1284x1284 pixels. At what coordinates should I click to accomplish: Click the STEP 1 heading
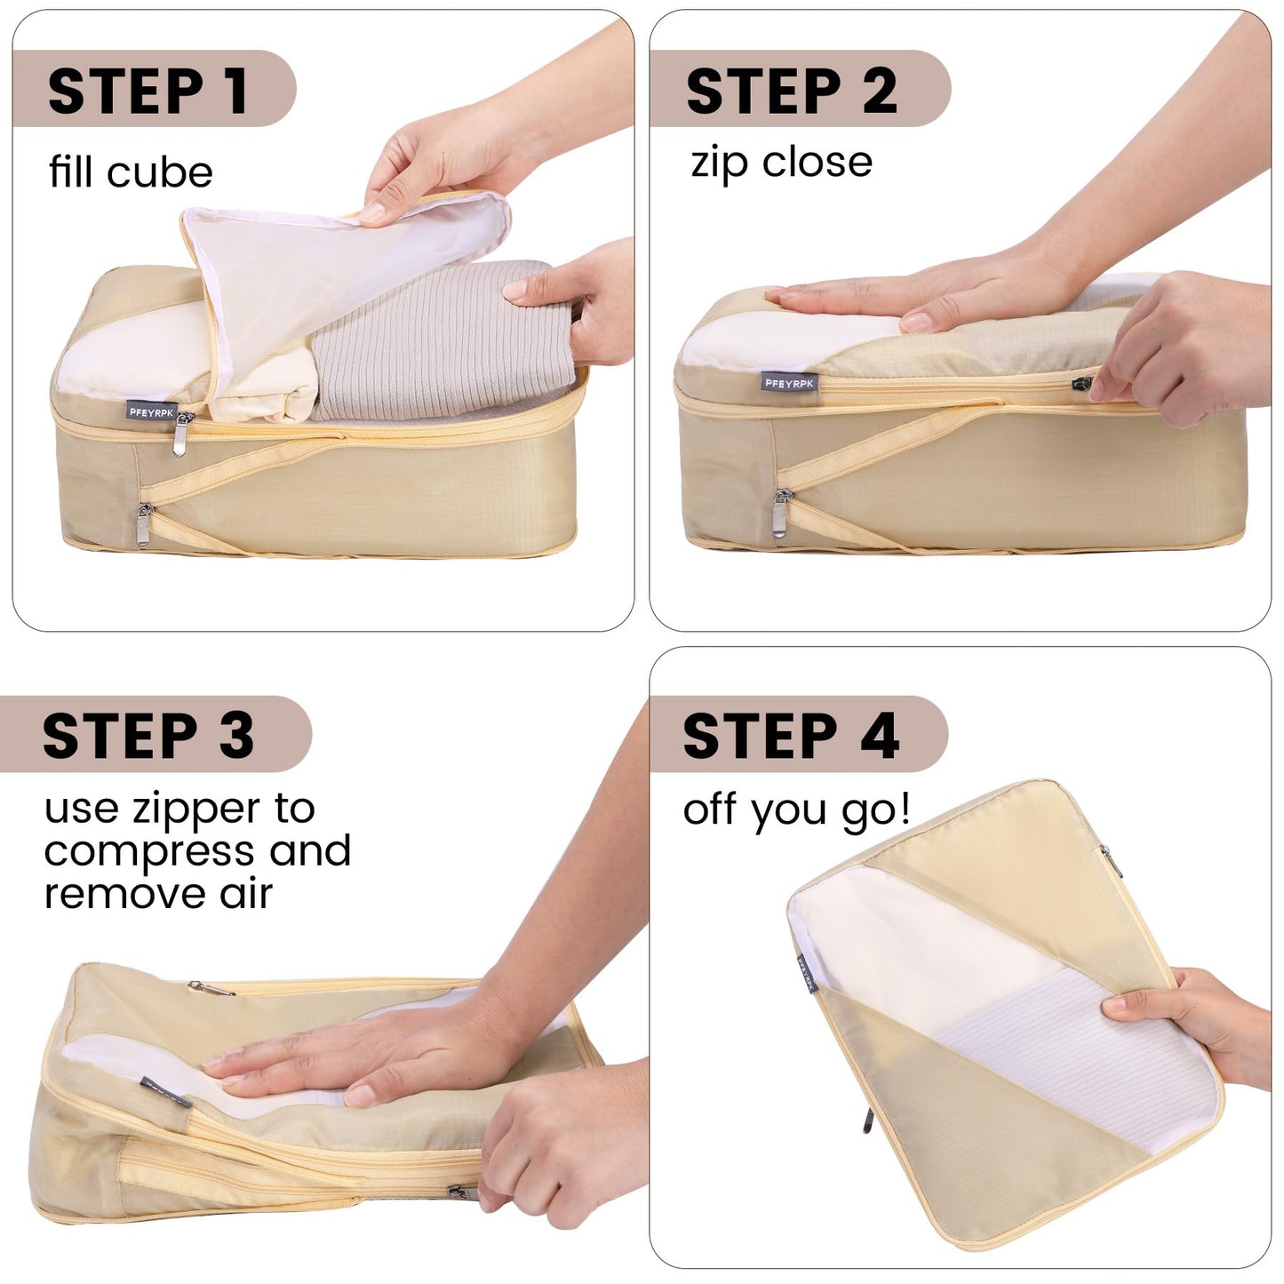[x=148, y=91]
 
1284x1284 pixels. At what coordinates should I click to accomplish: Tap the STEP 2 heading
[x=791, y=91]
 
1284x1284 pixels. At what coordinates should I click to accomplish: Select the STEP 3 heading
[x=148, y=736]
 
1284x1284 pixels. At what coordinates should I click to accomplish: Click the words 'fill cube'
[x=131, y=172]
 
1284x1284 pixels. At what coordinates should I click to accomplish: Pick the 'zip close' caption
[x=781, y=163]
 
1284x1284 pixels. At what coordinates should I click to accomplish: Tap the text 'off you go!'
[x=796, y=810]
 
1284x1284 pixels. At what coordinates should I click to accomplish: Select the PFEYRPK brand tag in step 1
[x=151, y=411]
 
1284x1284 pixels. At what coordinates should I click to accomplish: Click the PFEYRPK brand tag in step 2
[x=789, y=383]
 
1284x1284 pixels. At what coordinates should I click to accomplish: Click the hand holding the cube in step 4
[x=1200, y=1022]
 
